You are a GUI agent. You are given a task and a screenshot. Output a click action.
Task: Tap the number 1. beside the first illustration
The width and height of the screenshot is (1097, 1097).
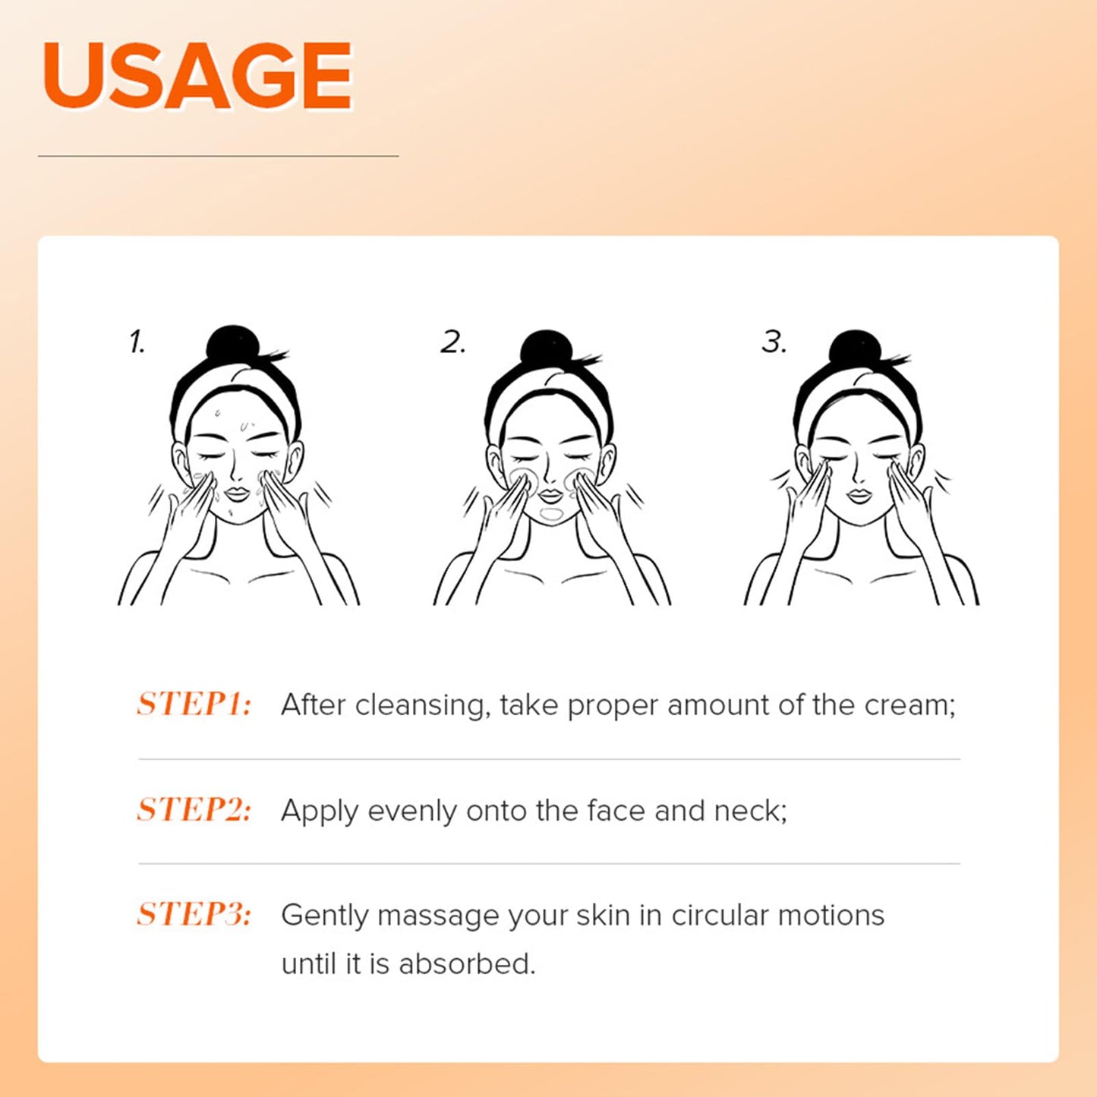(x=137, y=342)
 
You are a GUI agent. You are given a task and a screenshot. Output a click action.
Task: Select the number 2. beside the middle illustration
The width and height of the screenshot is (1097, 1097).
(x=453, y=342)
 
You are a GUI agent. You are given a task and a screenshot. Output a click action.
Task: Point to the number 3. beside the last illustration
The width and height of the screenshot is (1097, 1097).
(x=774, y=342)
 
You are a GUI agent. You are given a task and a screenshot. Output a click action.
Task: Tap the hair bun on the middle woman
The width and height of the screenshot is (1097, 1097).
(x=546, y=349)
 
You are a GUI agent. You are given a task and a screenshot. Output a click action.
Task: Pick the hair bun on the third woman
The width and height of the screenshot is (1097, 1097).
(x=855, y=349)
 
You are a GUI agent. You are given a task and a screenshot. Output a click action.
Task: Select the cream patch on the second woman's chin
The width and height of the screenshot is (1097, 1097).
(x=551, y=515)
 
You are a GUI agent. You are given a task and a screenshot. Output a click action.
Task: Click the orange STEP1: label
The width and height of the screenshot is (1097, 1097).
(x=194, y=705)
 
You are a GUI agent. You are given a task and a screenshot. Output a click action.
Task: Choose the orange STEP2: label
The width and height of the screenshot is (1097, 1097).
(x=194, y=809)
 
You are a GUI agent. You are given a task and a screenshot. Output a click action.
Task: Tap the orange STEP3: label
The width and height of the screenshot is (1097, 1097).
(x=194, y=915)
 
